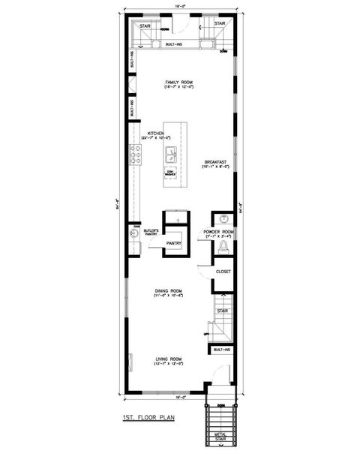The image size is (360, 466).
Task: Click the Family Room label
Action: (x=180, y=83)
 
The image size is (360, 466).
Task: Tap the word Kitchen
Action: (x=155, y=133)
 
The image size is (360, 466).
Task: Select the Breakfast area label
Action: (x=217, y=162)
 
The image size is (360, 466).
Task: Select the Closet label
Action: (x=223, y=272)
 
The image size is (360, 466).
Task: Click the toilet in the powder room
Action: (x=223, y=248)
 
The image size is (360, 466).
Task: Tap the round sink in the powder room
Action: (x=223, y=219)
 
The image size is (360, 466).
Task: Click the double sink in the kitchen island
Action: (x=170, y=156)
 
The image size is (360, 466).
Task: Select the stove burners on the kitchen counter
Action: (x=136, y=155)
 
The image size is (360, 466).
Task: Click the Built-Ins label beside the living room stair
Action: (x=222, y=350)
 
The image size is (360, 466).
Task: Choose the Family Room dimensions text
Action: (x=180, y=89)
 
